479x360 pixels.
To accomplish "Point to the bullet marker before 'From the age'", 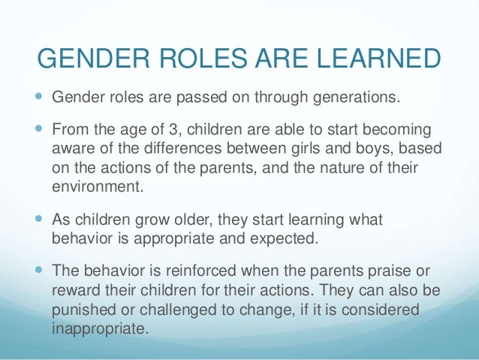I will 40,128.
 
